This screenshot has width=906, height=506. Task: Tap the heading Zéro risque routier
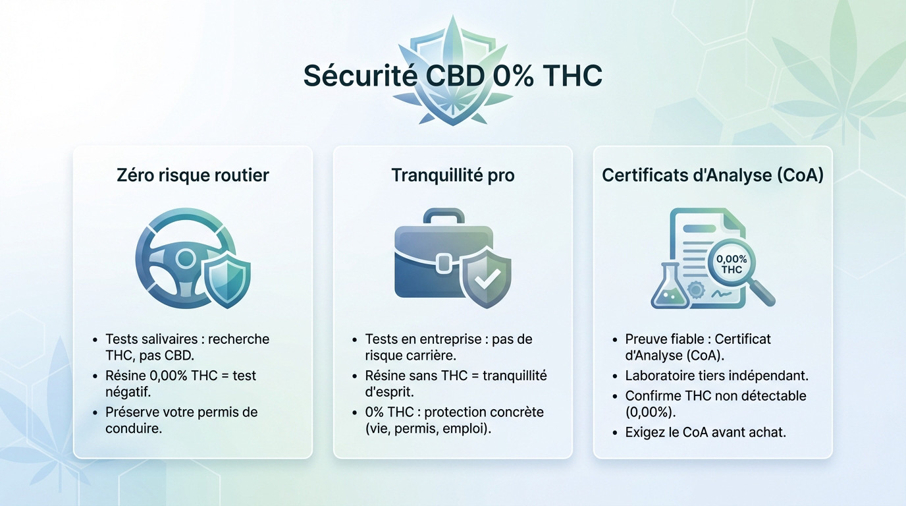click(x=192, y=175)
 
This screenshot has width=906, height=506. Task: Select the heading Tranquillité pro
click(x=453, y=175)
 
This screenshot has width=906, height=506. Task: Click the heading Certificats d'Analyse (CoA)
click(x=712, y=175)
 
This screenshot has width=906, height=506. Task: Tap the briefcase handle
click(x=444, y=217)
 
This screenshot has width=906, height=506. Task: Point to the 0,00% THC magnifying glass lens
click(x=731, y=264)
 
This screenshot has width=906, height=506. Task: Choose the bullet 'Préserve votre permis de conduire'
click(x=181, y=420)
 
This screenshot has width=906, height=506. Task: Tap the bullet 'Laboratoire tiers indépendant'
click(x=716, y=376)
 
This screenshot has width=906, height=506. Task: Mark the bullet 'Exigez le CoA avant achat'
click(x=705, y=433)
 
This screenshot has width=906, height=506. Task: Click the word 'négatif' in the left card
click(x=128, y=392)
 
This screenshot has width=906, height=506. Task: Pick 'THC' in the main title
click(x=573, y=76)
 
